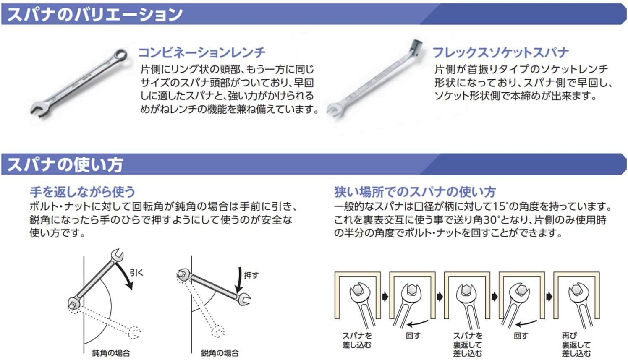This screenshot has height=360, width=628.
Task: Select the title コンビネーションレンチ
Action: point(201,52)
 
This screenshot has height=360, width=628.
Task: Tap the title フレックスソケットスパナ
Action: point(500,52)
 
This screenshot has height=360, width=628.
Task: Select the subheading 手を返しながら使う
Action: point(82,192)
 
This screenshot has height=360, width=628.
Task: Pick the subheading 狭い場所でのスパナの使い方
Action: point(415,192)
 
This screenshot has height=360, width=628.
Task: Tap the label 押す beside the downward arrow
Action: point(251,275)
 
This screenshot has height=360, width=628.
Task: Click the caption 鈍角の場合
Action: point(111,353)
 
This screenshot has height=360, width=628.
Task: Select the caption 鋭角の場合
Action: point(220,353)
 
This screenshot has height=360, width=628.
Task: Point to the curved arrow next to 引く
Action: point(126,275)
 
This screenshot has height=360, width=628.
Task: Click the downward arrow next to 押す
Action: point(239,279)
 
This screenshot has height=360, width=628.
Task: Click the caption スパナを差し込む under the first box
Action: point(357,340)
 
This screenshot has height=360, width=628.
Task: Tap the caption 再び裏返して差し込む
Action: point(576,344)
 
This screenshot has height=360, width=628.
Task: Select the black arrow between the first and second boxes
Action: point(385,297)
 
